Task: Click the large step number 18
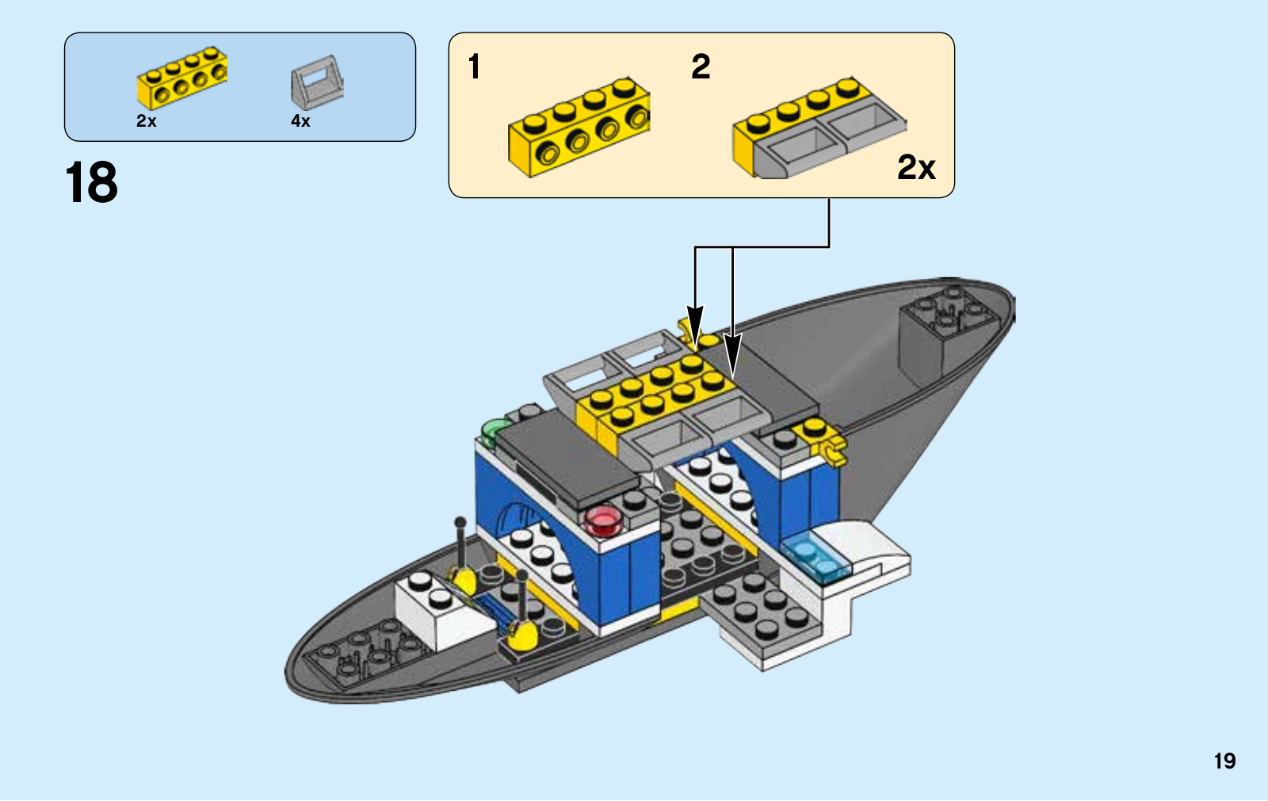[91, 183]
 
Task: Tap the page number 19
[1224, 761]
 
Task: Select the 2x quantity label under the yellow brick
[147, 121]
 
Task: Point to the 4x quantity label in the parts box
[300, 121]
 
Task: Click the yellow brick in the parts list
[182, 77]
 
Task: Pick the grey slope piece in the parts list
[317, 82]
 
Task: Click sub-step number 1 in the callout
[474, 67]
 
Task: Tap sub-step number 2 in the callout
[701, 67]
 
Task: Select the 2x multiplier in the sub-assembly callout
[916, 167]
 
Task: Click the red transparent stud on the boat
[602, 519]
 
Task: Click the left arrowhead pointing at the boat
[695, 325]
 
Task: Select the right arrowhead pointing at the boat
[732, 354]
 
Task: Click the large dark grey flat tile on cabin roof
[567, 460]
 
